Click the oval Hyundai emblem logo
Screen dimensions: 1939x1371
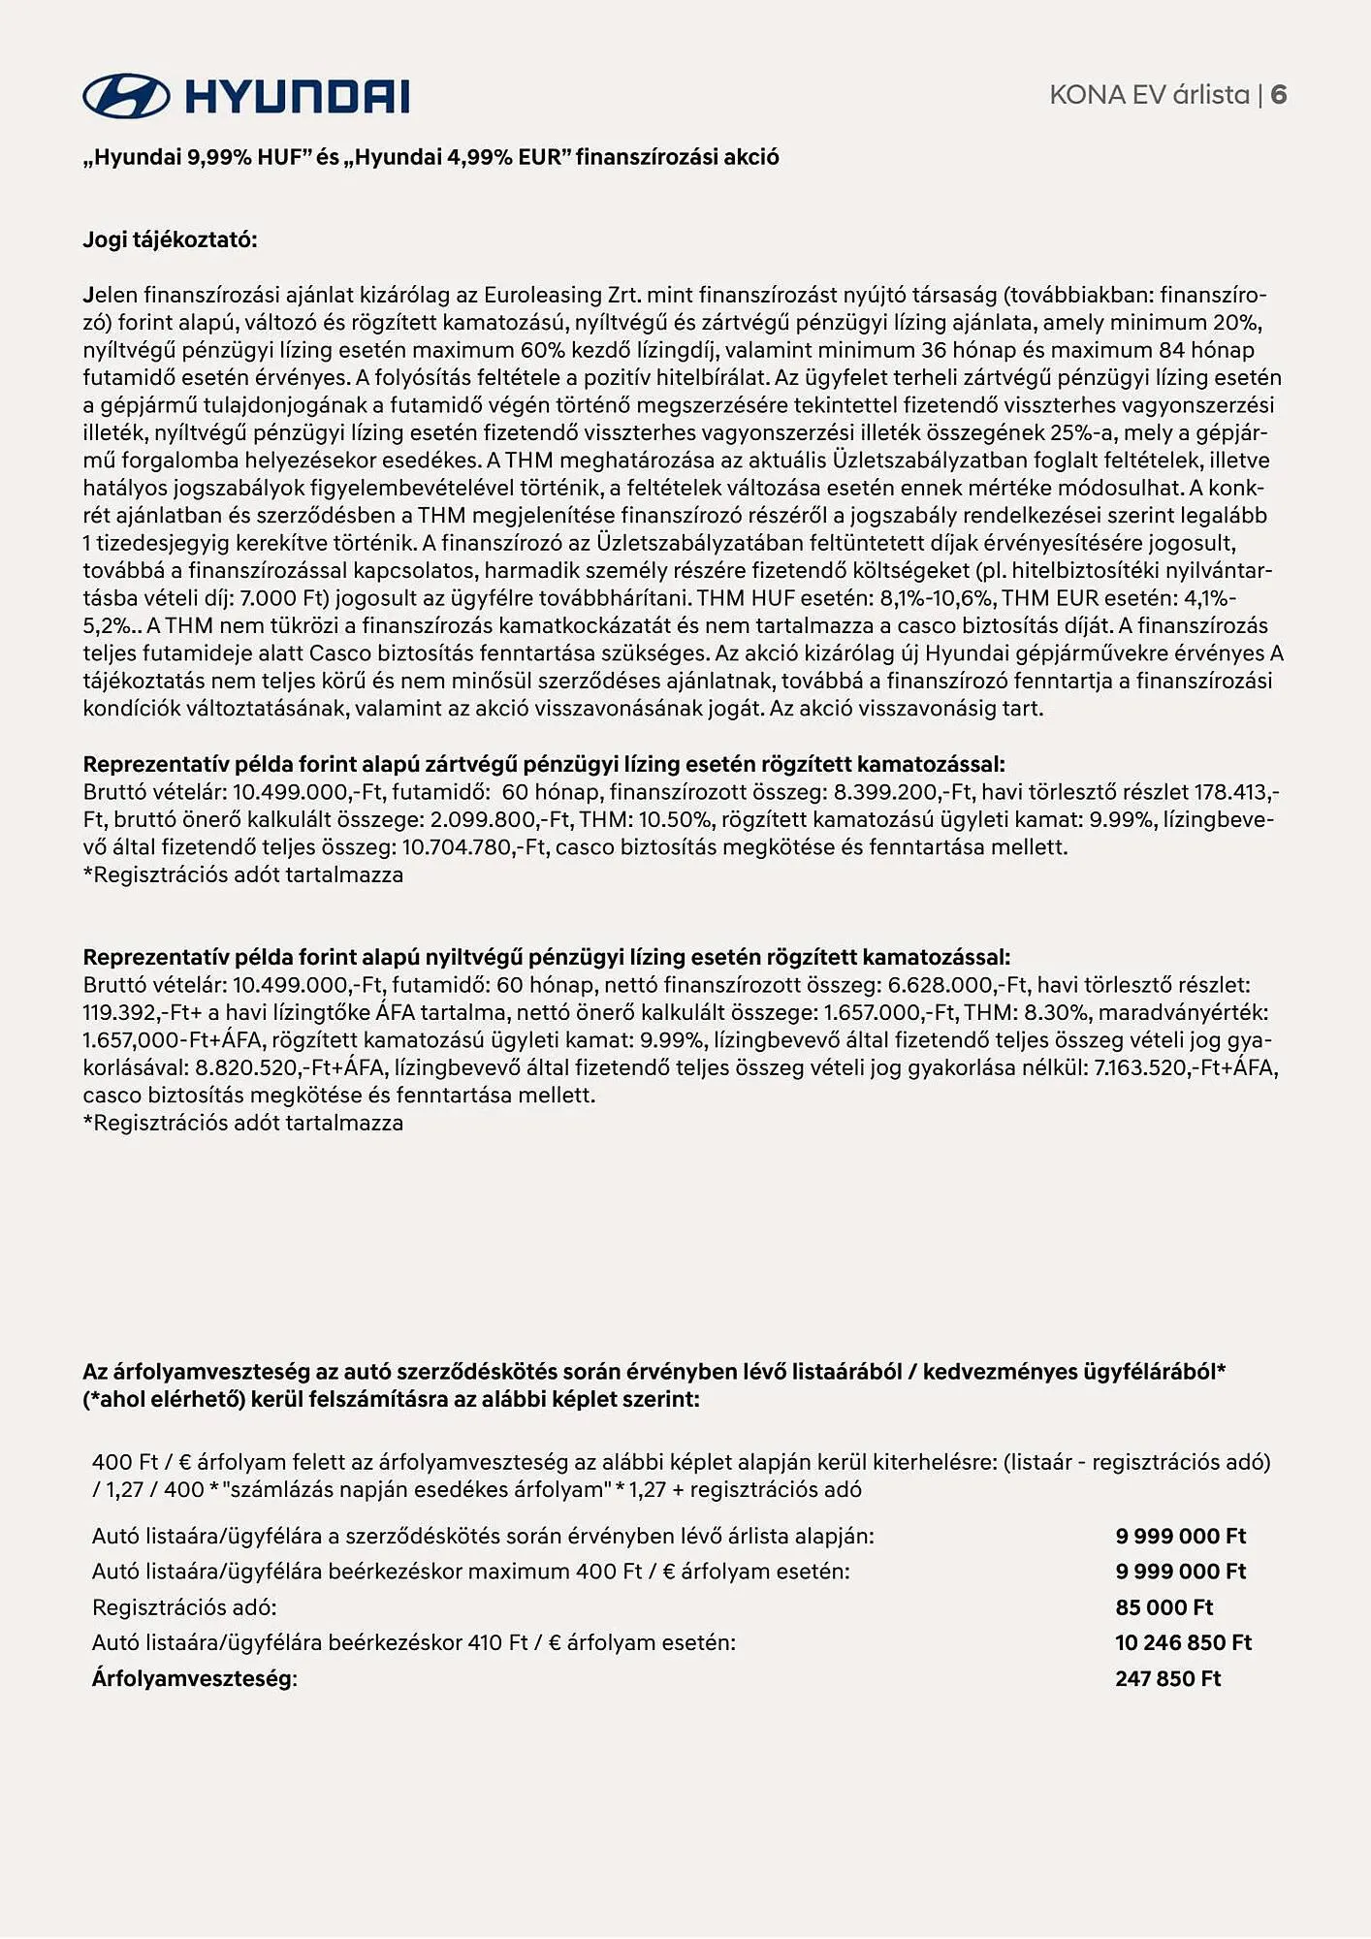pyautogui.click(x=126, y=96)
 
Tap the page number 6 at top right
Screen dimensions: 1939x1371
pyautogui.click(x=1279, y=95)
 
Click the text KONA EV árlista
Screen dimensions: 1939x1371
pyautogui.click(x=1149, y=95)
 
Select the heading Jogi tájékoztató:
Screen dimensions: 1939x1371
pyautogui.click(x=171, y=240)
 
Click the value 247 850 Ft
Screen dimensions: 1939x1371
pyautogui.click(x=1167, y=1679)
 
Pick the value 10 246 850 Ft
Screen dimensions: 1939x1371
pyautogui.click(x=1183, y=1643)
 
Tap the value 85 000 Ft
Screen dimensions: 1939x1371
pyautogui.click(x=1164, y=1607)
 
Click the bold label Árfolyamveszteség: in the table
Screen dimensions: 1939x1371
pyautogui.click(x=194, y=1679)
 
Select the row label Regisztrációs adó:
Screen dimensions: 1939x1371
pyautogui.click(x=184, y=1607)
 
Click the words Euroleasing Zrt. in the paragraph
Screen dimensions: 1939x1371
pyautogui.click(x=562, y=295)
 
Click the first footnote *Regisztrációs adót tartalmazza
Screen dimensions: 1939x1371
pyautogui.click(x=243, y=875)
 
